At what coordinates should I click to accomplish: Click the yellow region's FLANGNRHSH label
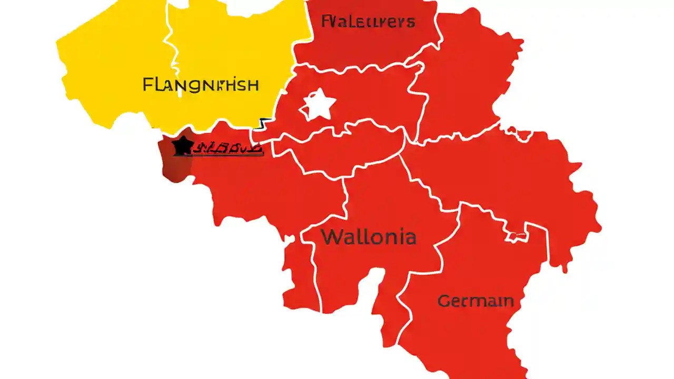[x=201, y=85]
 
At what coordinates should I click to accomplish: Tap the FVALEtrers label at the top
[x=368, y=22]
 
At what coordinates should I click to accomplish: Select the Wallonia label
[x=369, y=237]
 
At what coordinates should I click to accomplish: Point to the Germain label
[x=475, y=301]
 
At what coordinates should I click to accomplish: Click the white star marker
[x=318, y=105]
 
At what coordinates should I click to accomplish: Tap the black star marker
[x=182, y=146]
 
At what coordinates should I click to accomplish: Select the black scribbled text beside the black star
[x=227, y=149]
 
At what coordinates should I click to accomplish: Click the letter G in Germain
[x=444, y=302]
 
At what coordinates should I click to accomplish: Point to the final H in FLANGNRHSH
[x=253, y=85]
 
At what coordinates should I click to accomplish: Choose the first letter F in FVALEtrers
[x=325, y=22]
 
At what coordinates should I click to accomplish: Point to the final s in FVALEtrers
[x=411, y=23]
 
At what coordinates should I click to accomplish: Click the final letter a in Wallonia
[x=410, y=238]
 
